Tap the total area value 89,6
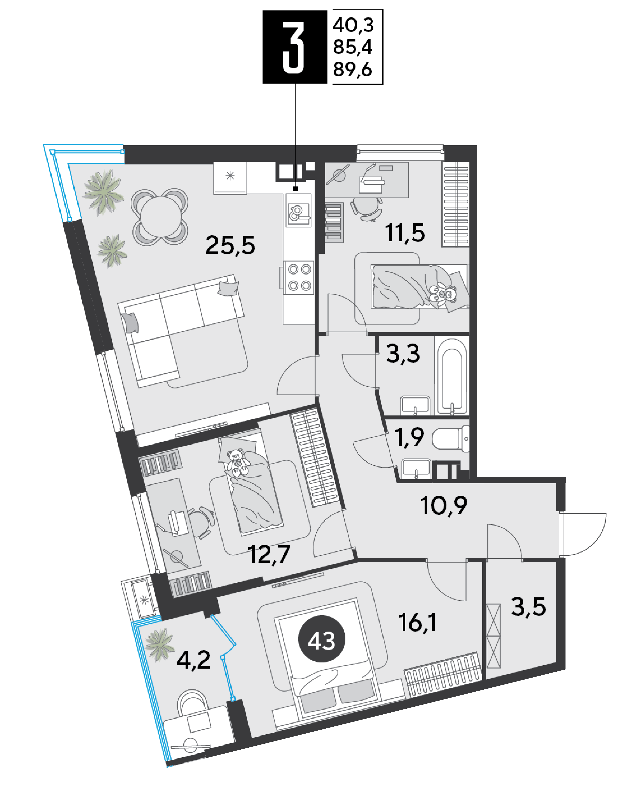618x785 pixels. click(353, 69)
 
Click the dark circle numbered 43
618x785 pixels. click(322, 641)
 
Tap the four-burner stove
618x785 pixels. click(299, 277)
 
